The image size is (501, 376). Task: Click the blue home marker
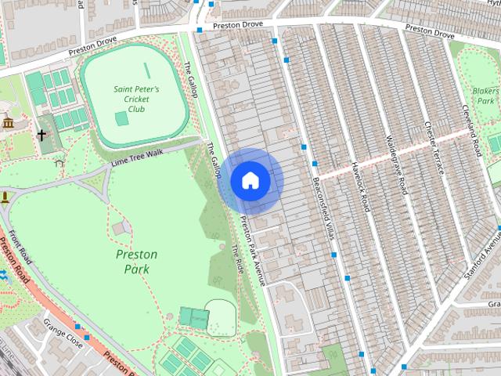[x=250, y=180]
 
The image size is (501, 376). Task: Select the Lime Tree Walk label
[x=137, y=156]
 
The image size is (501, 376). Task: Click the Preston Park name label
[x=136, y=262]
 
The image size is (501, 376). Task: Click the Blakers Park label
[x=485, y=96]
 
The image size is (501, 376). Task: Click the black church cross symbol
[x=41, y=135]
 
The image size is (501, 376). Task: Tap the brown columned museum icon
[x=8, y=123]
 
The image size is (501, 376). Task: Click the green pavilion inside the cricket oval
[x=121, y=119]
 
